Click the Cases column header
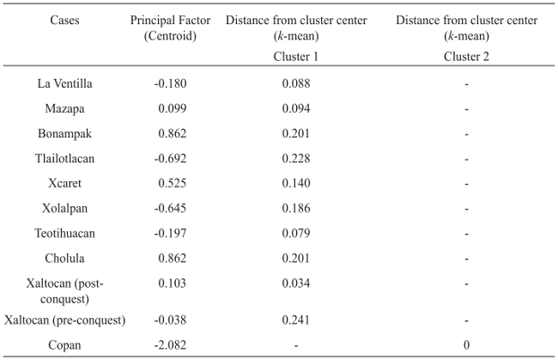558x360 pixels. tap(64, 20)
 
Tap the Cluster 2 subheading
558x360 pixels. tap(466, 56)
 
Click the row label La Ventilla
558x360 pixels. tap(64, 84)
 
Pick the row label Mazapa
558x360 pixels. tap(64, 109)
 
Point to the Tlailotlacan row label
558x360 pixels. tap(64, 159)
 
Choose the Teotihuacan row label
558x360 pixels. tap(64, 234)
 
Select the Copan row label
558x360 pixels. tap(64, 345)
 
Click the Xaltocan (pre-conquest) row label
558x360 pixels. tap(64, 320)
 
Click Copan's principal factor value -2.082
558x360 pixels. tap(170, 345)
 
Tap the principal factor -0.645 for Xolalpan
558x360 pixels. tap(170, 209)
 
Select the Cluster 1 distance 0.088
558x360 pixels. tap(295, 84)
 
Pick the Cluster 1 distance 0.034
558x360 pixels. tap(295, 284)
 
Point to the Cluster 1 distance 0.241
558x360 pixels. tap(295, 320)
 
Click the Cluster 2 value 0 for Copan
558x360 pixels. tap(466, 345)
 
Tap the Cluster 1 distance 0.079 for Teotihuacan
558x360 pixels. tap(295, 234)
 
